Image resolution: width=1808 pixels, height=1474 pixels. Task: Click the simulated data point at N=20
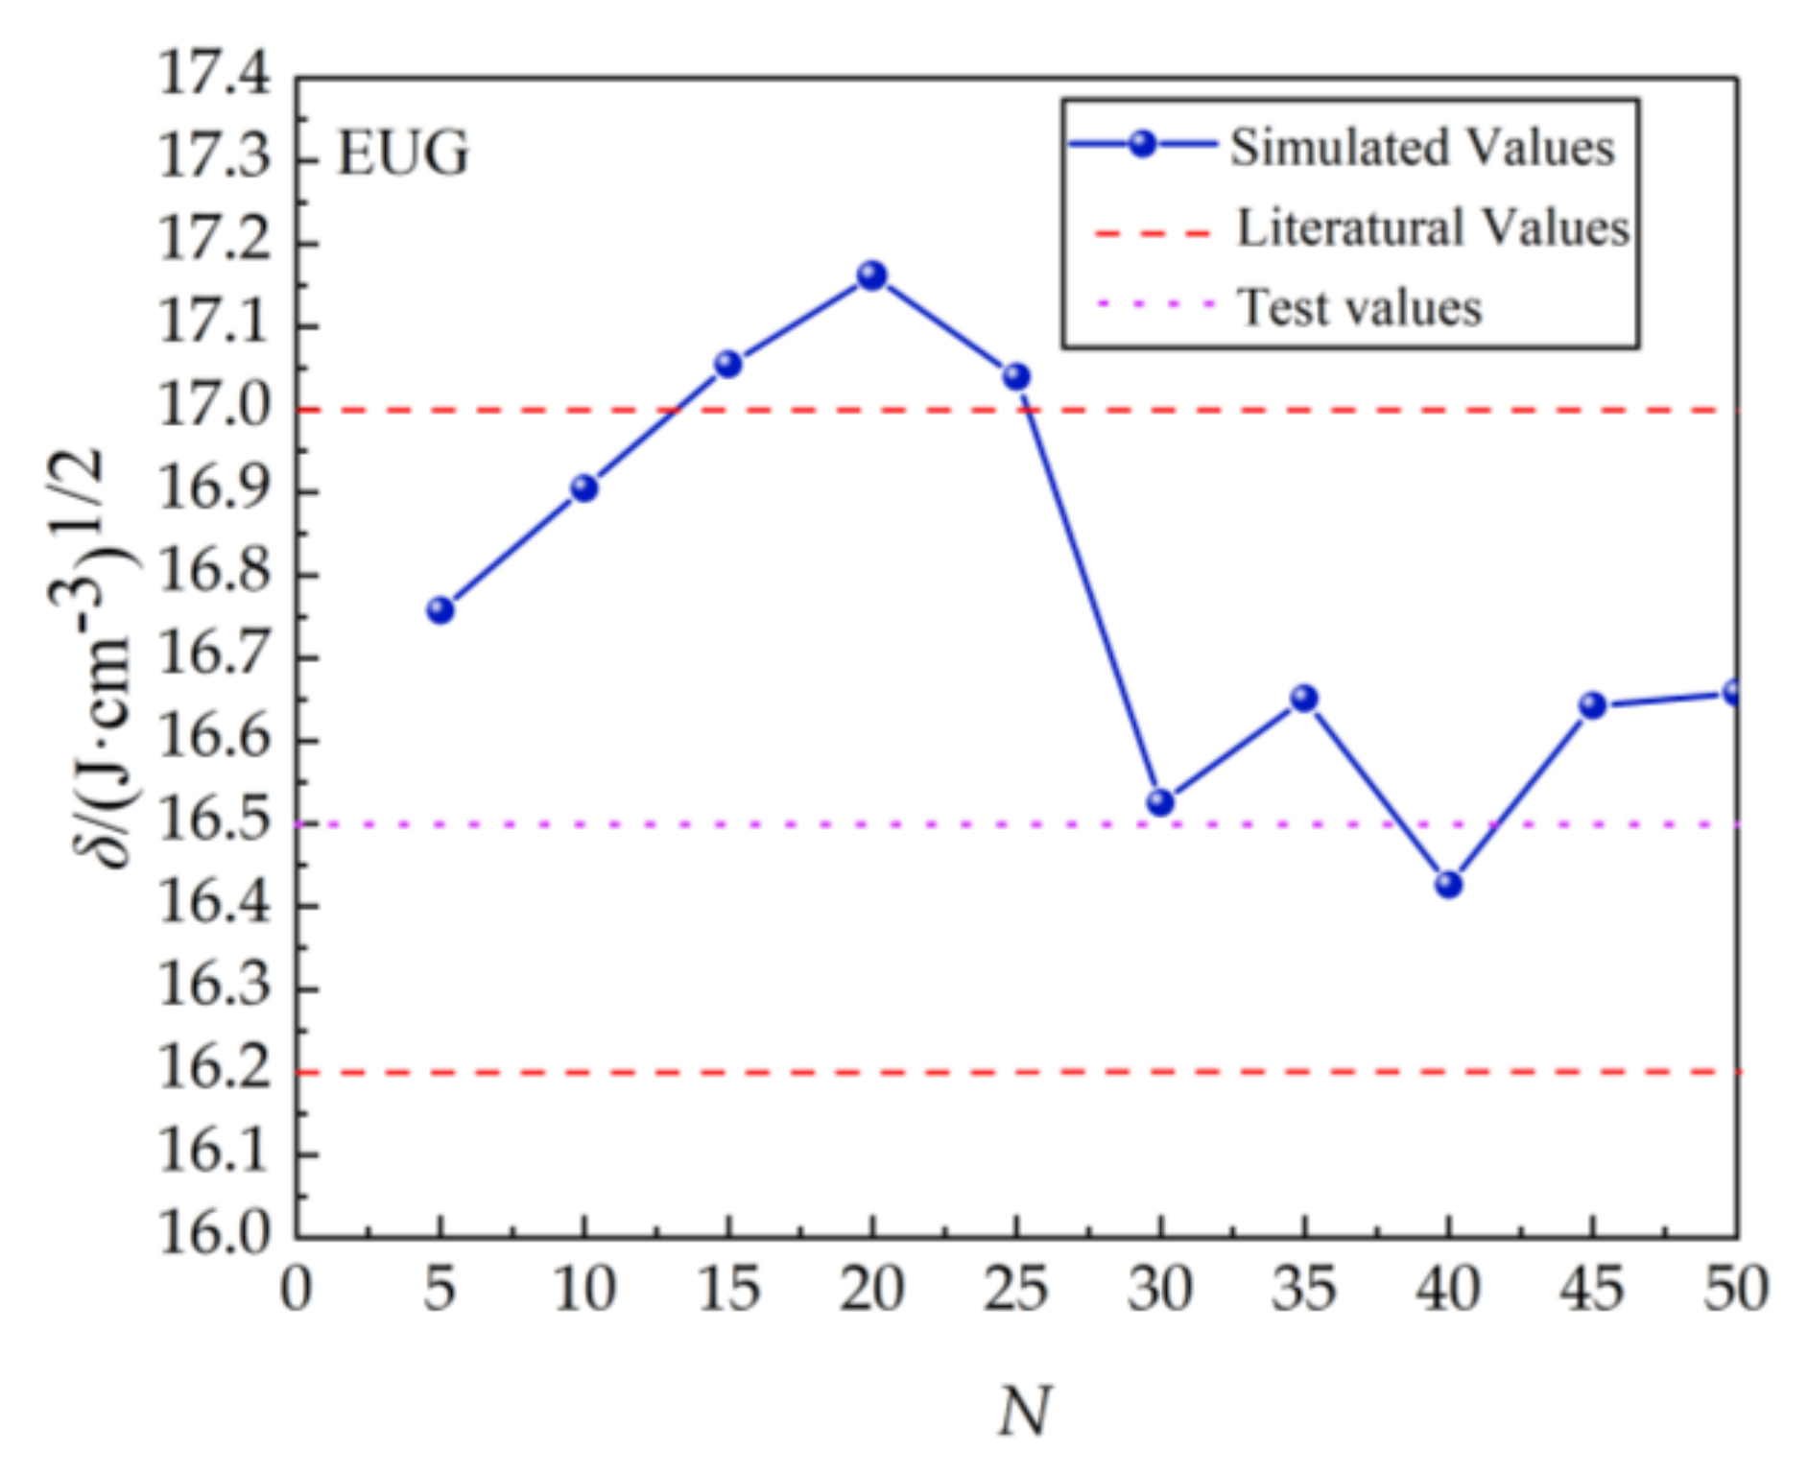pyautogui.click(x=871, y=275)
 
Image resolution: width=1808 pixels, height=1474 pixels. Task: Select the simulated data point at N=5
pyautogui.click(x=440, y=610)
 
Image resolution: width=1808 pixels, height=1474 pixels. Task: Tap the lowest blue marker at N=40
pyautogui.click(x=1448, y=884)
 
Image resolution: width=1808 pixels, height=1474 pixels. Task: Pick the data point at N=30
pyautogui.click(x=1160, y=801)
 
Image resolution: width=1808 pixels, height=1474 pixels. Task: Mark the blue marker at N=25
pyautogui.click(x=1016, y=376)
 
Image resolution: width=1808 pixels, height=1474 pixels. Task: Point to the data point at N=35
pyautogui.click(x=1303, y=698)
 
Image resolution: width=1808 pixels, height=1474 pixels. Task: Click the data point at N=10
pyautogui.click(x=583, y=488)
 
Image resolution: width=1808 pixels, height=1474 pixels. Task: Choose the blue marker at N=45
pyautogui.click(x=1592, y=706)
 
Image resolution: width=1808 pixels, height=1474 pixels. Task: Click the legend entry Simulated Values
pyautogui.click(x=1422, y=148)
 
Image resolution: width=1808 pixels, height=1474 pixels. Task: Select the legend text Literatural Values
pyautogui.click(x=1432, y=228)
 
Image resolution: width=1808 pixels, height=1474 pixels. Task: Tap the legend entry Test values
pyautogui.click(x=1359, y=308)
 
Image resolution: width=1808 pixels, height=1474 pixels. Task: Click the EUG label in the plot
pyautogui.click(x=403, y=154)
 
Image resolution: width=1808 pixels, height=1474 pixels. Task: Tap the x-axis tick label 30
pyautogui.click(x=1160, y=1288)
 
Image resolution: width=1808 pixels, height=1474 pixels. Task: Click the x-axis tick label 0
pyautogui.click(x=296, y=1288)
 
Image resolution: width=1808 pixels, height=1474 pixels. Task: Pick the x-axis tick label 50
pyautogui.click(x=1735, y=1288)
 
